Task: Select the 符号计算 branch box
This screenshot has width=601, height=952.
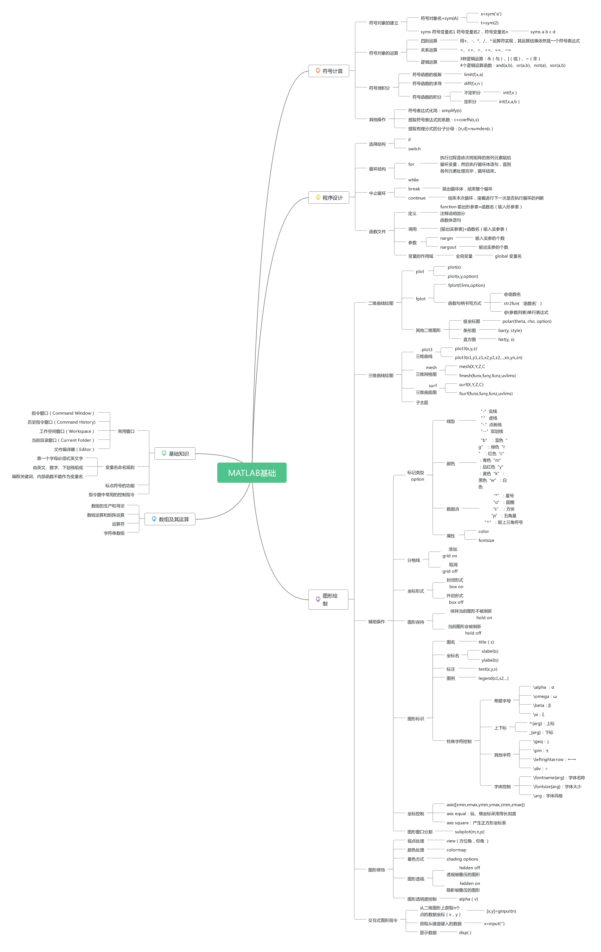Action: click(329, 71)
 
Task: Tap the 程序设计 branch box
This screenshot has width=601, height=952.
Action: click(329, 198)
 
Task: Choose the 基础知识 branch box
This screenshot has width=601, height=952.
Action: click(175, 453)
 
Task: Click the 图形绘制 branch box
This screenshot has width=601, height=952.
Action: click(328, 599)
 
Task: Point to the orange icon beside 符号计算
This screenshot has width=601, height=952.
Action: click(318, 71)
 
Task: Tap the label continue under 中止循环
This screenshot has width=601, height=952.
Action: click(417, 198)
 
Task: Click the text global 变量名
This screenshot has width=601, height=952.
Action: click(508, 256)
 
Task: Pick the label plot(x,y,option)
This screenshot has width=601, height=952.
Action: click(463, 276)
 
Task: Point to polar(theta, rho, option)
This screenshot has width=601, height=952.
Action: click(527, 321)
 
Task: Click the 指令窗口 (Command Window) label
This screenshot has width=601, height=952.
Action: click(63, 413)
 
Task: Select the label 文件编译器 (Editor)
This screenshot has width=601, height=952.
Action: click(74, 449)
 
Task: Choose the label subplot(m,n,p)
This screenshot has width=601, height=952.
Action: click(469, 832)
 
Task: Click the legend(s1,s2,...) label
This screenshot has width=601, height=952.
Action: click(493, 678)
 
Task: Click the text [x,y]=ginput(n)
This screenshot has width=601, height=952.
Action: click(501, 911)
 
